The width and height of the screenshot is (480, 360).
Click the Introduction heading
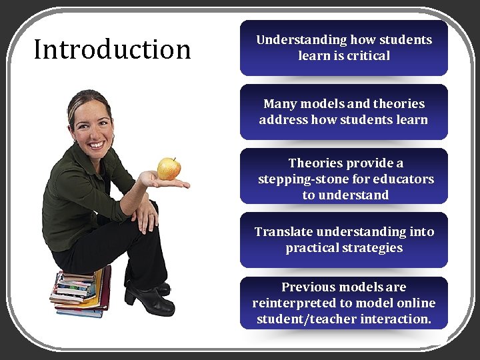point(112,49)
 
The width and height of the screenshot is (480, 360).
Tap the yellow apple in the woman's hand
point(169,168)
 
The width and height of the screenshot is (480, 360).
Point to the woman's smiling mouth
point(97,143)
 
